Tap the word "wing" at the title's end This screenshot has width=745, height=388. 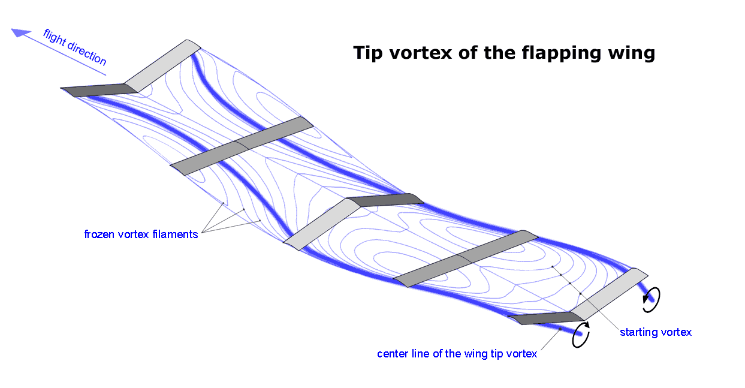(x=631, y=53)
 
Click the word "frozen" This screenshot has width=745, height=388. (x=100, y=234)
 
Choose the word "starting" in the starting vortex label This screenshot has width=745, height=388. (x=638, y=332)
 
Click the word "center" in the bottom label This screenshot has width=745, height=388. (x=393, y=354)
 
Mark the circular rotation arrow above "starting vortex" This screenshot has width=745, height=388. (x=651, y=299)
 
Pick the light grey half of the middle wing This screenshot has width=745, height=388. (x=321, y=222)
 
